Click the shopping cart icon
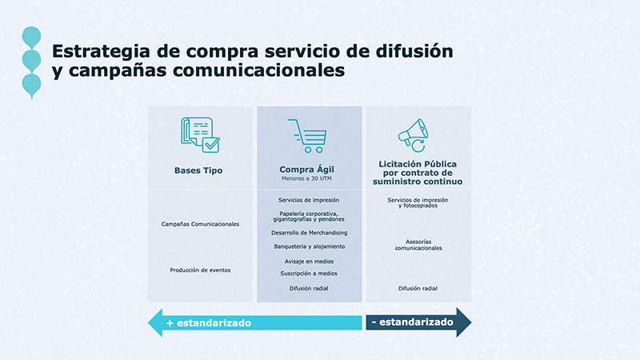308,136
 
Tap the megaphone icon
413,135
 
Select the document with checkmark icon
200,135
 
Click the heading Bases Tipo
198,170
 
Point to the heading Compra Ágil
306,169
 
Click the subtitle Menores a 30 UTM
306,178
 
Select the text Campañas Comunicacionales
200,224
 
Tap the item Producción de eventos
200,270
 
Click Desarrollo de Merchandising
310,233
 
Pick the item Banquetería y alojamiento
310,246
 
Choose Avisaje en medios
309,262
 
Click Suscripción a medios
309,274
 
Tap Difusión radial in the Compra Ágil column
309,289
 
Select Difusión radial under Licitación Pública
418,289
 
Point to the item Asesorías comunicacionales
418,245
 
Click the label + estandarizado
209,323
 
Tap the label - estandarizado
412,322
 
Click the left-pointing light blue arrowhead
155,323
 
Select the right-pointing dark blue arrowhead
464,322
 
